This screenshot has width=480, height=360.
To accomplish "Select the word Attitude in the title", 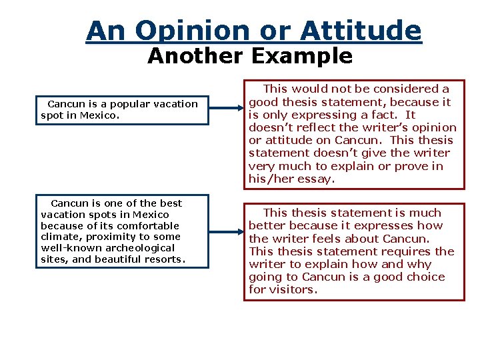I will pyautogui.click(x=360, y=31).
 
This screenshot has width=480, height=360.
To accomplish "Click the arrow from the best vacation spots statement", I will pyautogui.click(x=226, y=231).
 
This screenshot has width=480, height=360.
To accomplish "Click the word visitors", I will pyautogui.click(x=292, y=289).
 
